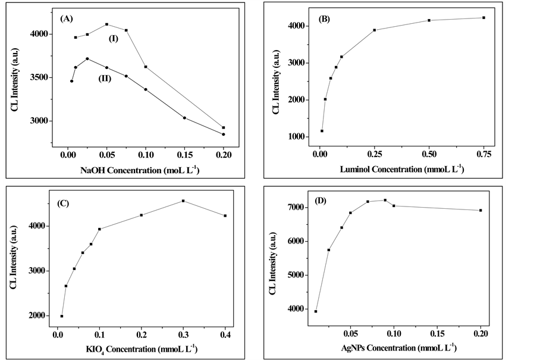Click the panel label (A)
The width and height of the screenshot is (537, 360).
(67, 18)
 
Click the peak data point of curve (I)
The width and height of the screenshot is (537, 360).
(106, 24)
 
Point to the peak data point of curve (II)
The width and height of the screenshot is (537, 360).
(87, 59)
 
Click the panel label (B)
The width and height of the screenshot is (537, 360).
(325, 18)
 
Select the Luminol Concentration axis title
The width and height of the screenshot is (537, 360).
(402, 170)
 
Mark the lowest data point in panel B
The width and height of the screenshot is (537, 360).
(322, 131)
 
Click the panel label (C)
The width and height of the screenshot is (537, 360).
(64, 204)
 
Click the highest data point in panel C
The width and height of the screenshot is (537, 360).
(183, 201)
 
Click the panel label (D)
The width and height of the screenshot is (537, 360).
(319, 200)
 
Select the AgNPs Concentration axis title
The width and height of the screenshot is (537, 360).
(400, 346)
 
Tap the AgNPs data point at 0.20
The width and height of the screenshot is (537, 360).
(481, 210)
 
